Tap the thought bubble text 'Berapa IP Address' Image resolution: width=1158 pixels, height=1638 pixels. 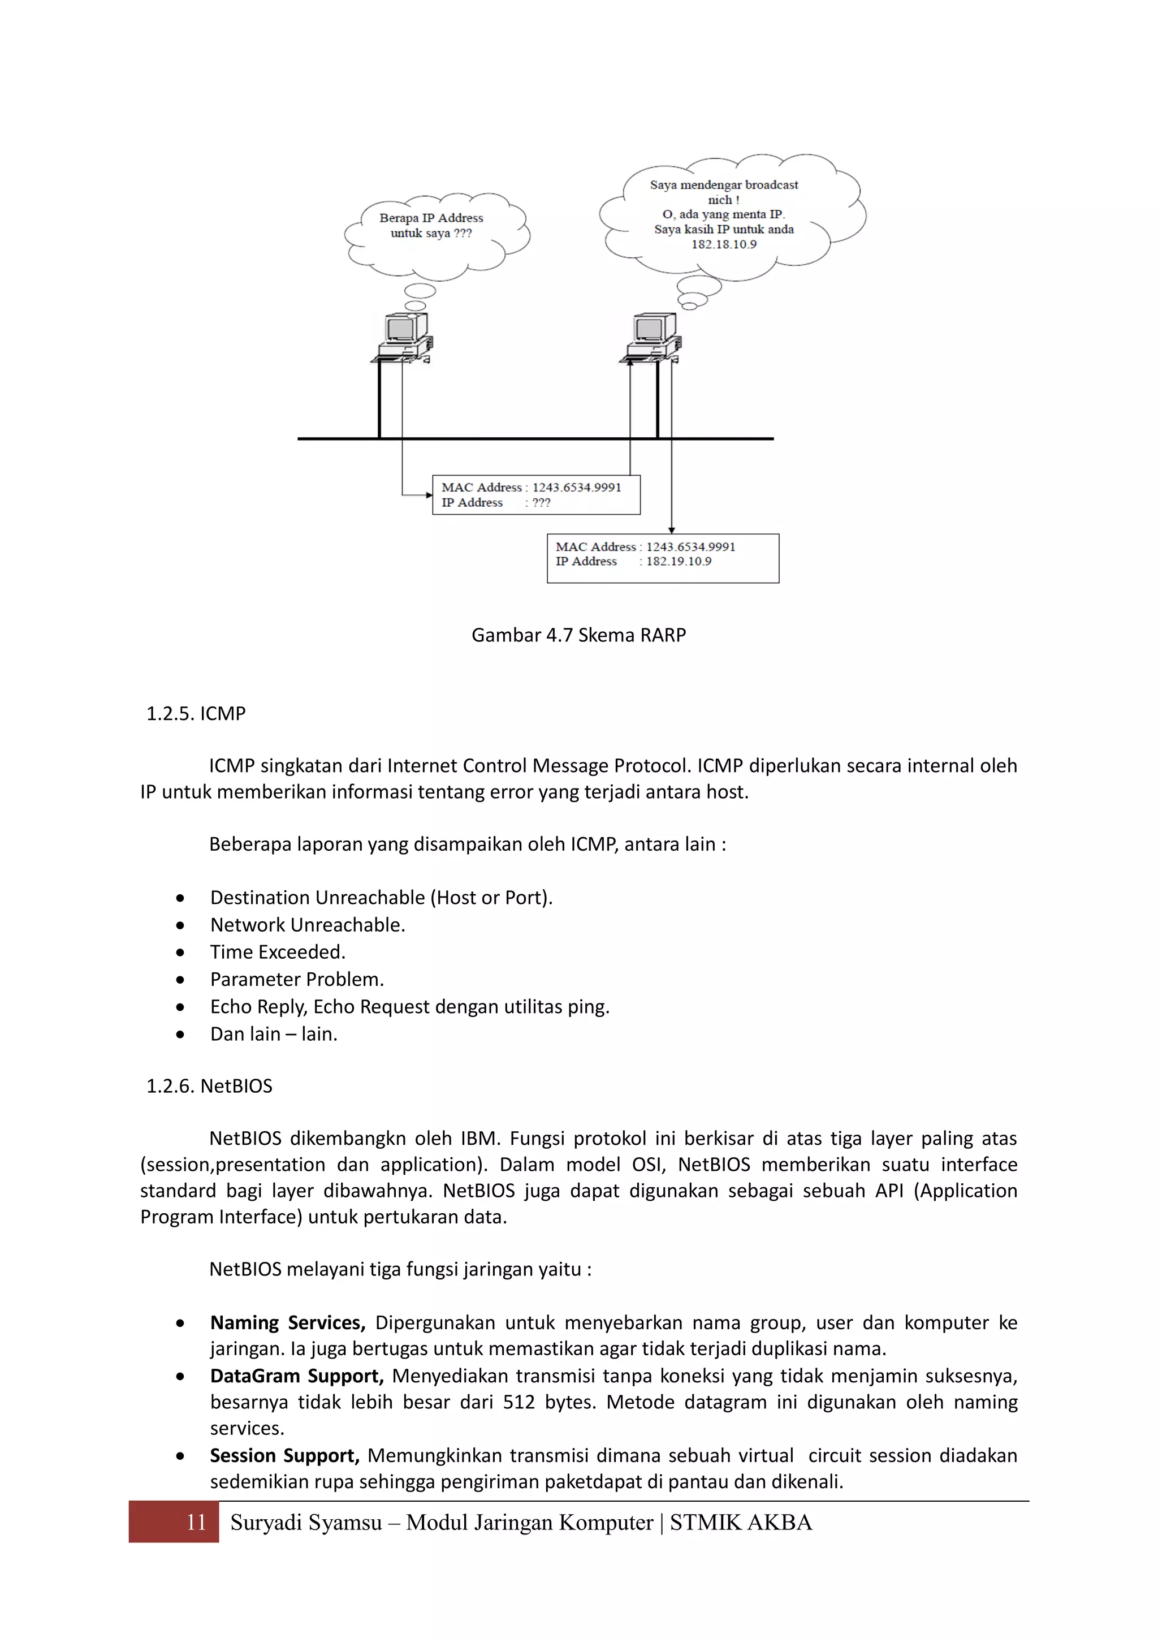point(431,218)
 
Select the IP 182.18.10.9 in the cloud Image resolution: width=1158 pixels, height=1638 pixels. point(723,244)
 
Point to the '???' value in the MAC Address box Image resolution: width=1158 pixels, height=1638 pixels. point(541,502)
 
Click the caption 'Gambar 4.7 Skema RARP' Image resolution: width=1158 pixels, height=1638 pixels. point(578,635)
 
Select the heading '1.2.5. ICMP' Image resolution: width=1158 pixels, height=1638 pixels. point(196,713)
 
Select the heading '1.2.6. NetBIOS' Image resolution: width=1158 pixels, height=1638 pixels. point(209,1086)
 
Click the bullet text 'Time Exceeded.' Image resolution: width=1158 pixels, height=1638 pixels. point(278,952)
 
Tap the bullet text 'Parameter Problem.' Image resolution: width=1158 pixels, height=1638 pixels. point(297,980)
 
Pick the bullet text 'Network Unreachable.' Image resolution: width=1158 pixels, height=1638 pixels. point(308,925)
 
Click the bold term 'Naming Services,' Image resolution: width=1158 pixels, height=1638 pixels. point(287,1322)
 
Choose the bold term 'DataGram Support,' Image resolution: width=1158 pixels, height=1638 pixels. point(297,1376)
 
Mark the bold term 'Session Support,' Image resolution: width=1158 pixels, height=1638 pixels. point(284,1455)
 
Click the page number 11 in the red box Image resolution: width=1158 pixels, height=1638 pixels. point(196,1523)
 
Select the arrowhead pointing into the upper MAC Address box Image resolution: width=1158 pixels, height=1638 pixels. point(429,494)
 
